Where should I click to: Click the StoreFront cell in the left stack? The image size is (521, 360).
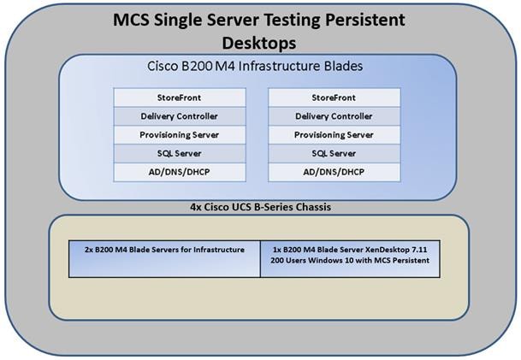tap(180, 97)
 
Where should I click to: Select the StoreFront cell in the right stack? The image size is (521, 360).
tap(334, 97)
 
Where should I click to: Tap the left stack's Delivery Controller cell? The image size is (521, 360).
tap(180, 116)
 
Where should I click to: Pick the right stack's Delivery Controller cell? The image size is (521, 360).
tap(334, 116)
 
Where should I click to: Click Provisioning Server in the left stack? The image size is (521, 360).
tap(180, 135)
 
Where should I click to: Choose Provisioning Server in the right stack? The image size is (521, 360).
tap(334, 135)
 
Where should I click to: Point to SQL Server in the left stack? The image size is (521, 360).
tap(180, 153)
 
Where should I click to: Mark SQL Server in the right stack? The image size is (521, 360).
tap(334, 153)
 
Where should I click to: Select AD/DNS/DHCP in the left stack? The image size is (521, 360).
tap(180, 172)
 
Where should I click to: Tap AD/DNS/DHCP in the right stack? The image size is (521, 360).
tap(334, 172)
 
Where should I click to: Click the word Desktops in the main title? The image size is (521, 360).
tap(259, 44)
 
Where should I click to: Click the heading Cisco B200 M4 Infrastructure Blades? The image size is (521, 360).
tap(255, 66)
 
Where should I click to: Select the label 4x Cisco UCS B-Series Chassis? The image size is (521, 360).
tap(260, 207)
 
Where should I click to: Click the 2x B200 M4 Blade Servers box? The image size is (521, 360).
tap(164, 259)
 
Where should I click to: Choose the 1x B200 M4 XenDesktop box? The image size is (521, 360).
tap(350, 259)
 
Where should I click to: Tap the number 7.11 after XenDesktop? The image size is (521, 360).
tap(419, 250)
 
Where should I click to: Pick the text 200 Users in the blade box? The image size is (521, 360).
tap(287, 260)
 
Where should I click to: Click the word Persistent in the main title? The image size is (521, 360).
tap(364, 20)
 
